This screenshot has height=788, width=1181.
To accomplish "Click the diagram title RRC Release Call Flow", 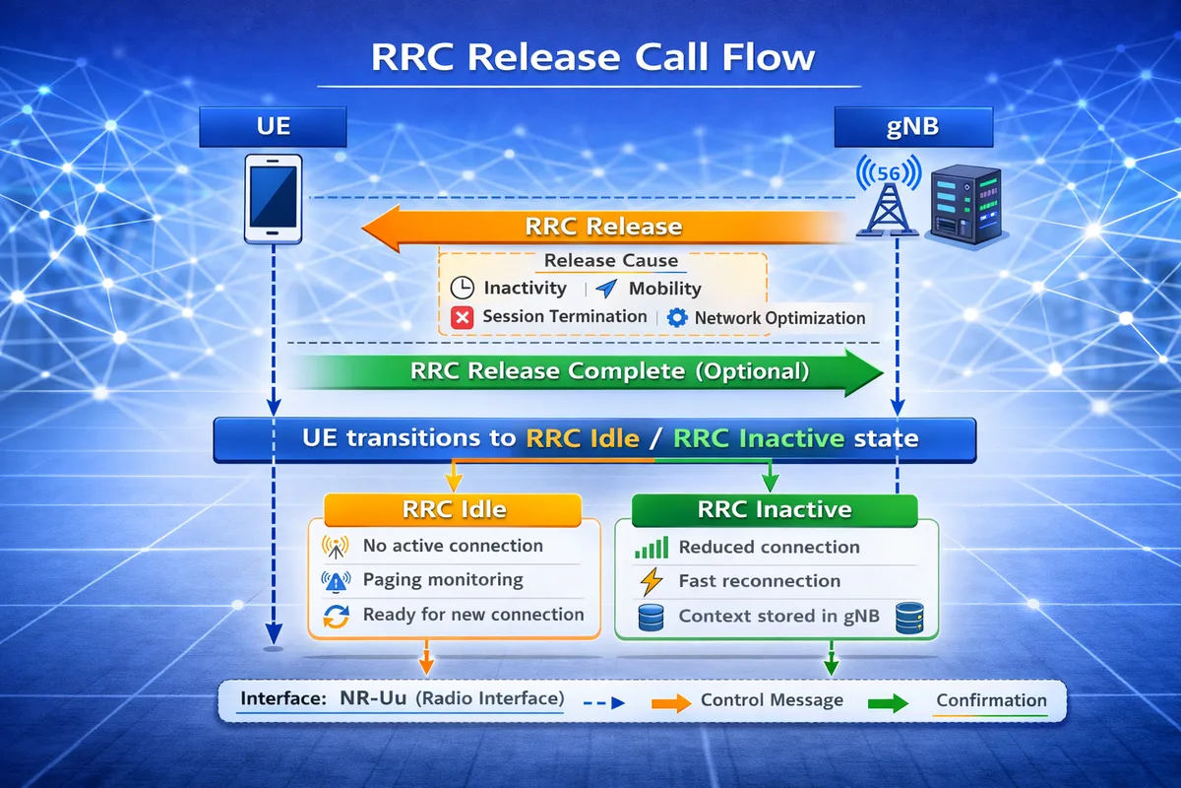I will click(x=592, y=56).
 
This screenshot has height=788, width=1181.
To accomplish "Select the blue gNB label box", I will click(x=913, y=128).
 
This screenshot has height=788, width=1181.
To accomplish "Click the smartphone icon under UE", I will click(x=273, y=201).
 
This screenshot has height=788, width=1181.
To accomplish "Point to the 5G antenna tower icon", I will click(x=888, y=197).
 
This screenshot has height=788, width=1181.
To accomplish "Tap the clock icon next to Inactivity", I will click(x=462, y=289).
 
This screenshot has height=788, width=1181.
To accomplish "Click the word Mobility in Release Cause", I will click(x=664, y=289).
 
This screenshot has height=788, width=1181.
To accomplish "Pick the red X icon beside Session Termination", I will click(x=462, y=317).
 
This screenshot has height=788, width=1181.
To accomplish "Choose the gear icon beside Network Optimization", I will click(x=676, y=318).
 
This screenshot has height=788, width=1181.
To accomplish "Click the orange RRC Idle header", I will click(x=454, y=509).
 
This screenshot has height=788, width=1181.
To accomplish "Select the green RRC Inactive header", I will click(x=774, y=509).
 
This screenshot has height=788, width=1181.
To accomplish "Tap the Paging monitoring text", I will click(x=443, y=580).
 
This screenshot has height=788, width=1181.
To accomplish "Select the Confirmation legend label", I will click(x=990, y=700).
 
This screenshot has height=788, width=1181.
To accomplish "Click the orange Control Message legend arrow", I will click(x=671, y=702).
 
